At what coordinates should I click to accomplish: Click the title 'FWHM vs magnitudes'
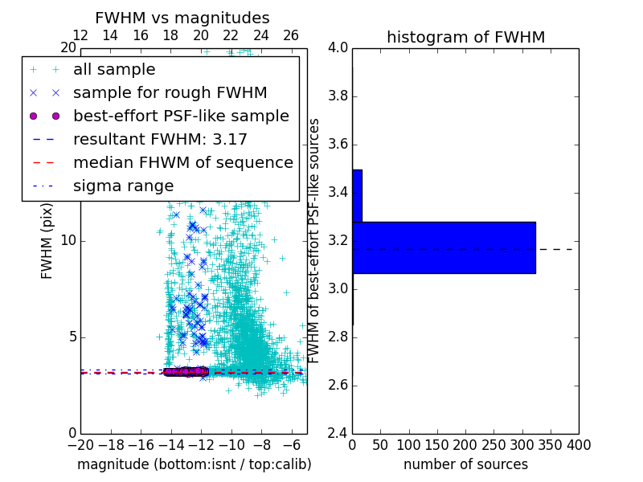(182, 18)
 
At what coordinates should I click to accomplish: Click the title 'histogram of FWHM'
(465, 37)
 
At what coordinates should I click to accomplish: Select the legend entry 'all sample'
(114, 70)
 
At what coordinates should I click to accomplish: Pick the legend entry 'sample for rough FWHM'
(170, 93)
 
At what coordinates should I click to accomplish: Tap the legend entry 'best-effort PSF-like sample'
(181, 116)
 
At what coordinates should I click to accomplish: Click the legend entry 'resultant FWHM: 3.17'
(160, 139)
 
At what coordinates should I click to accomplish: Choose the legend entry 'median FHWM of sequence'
(182, 162)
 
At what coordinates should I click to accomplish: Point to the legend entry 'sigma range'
(123, 186)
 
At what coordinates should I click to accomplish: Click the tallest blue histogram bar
(444, 247)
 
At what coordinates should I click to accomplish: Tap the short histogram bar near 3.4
(357, 195)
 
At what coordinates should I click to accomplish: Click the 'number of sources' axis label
(465, 464)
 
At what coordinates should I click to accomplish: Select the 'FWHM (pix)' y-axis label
(47, 240)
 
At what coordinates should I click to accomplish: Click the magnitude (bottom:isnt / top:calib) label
(194, 464)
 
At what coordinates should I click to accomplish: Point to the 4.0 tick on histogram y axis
(338, 48)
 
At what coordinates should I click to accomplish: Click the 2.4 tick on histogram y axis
(338, 433)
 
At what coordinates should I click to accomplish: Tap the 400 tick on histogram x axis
(578, 445)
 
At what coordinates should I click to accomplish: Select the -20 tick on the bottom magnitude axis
(80, 445)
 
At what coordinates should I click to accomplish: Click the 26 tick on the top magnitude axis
(291, 35)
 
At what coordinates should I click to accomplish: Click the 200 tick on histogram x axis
(465, 445)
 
